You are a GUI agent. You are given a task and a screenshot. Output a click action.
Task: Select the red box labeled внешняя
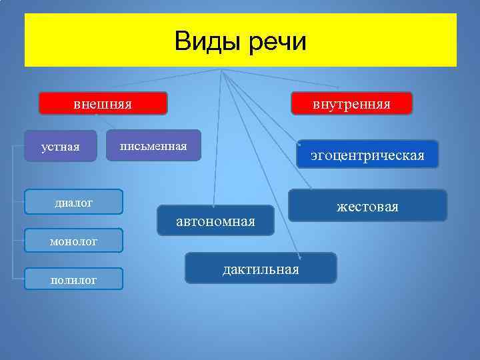pyautogui.click(x=102, y=104)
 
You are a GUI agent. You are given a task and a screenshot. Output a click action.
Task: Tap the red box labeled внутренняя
pyautogui.click(x=351, y=104)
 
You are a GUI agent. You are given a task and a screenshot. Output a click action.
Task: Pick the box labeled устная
pyautogui.click(x=60, y=146)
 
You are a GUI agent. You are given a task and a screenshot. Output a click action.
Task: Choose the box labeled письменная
pyautogui.click(x=153, y=145)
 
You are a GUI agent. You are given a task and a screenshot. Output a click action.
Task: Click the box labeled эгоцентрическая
pyautogui.click(x=367, y=155)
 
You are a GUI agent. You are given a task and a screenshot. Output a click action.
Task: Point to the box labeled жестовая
pyautogui.click(x=367, y=207)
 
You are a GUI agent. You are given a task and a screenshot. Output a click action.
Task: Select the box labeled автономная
pyautogui.click(x=215, y=221)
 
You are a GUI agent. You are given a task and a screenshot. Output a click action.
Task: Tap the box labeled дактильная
pyautogui.click(x=261, y=268)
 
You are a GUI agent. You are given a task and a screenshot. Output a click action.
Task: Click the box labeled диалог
pyautogui.click(x=73, y=202)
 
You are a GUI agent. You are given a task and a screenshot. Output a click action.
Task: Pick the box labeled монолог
pyautogui.click(x=73, y=241)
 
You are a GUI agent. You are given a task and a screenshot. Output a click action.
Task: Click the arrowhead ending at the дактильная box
pyautogui.click(x=301, y=257)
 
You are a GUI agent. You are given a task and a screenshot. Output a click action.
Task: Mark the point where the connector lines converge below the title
pyautogui.click(x=221, y=69)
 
